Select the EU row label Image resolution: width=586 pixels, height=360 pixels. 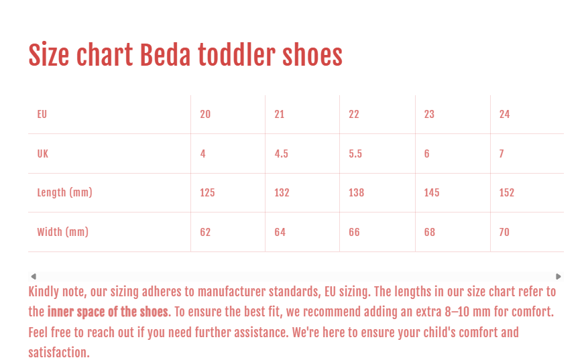pyautogui.click(x=42, y=115)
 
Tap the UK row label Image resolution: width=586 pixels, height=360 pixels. pyautogui.click(x=43, y=154)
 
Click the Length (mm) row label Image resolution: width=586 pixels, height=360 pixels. pyautogui.click(x=64, y=193)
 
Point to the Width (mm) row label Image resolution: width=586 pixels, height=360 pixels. pyautogui.click(x=62, y=233)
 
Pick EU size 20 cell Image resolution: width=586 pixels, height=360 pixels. pyautogui.click(x=205, y=115)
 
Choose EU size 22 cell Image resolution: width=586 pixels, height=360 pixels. pyautogui.click(x=354, y=115)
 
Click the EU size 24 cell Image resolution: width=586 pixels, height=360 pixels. pyautogui.click(x=504, y=115)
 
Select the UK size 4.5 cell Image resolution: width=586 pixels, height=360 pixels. pyautogui.click(x=282, y=154)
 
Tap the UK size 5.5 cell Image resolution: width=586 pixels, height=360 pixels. pyautogui.click(x=355, y=154)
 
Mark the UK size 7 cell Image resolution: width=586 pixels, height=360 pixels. pyautogui.click(x=502, y=154)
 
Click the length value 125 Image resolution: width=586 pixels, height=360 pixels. pyautogui.click(x=207, y=193)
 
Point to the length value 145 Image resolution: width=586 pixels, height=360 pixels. pyautogui.click(x=432, y=193)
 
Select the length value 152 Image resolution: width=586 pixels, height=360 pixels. pyautogui.click(x=507, y=193)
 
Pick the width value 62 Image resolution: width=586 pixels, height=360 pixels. pyautogui.click(x=205, y=233)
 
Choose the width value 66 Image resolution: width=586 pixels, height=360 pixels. pyautogui.click(x=354, y=233)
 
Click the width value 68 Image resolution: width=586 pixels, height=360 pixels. pyautogui.click(x=430, y=233)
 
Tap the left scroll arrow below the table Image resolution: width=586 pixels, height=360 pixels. pyautogui.click(x=34, y=276)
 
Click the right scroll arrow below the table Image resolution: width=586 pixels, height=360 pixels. pyautogui.click(x=559, y=276)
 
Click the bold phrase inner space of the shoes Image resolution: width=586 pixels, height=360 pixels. pyautogui.click(x=107, y=312)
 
